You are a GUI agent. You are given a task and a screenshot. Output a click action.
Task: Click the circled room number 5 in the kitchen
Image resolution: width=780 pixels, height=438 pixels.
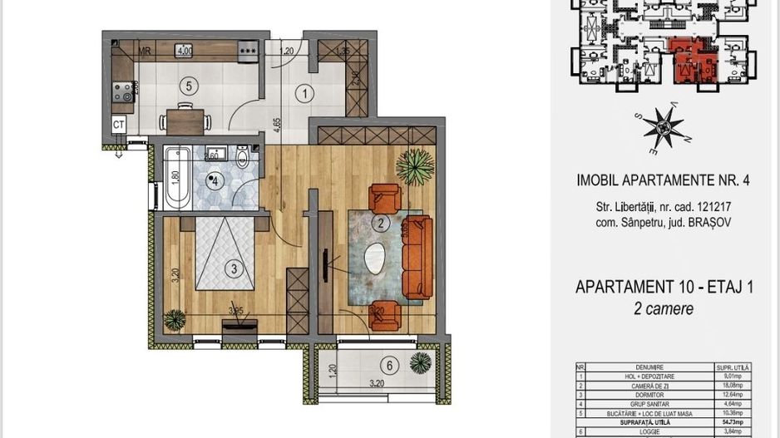(x=190, y=85)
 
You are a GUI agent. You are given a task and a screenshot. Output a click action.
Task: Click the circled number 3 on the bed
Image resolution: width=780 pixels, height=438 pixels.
(x=234, y=268)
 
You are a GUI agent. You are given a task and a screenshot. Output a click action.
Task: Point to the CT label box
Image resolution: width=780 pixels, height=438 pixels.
(x=119, y=125)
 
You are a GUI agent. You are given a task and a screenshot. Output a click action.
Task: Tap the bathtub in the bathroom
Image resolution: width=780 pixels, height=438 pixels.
(x=175, y=178)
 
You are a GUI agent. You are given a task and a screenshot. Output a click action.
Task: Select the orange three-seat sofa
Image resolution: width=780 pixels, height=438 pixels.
(x=416, y=258)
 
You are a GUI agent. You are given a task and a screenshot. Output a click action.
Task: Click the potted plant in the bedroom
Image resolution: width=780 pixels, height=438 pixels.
(x=175, y=319)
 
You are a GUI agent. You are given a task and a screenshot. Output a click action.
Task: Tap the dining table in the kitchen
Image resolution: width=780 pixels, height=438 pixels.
(x=183, y=116)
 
